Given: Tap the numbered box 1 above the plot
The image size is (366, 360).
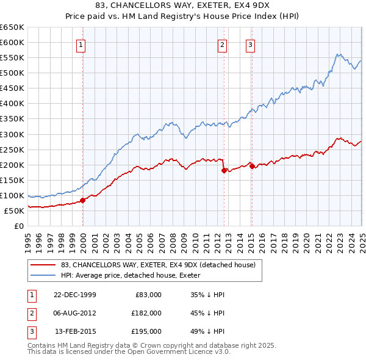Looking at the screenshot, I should coord(81,44).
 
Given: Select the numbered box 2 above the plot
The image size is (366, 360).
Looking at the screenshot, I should coord(222,44).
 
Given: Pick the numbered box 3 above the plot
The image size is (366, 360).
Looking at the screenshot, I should coord(251,44).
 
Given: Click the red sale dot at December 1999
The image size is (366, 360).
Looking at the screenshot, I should coord(83,200).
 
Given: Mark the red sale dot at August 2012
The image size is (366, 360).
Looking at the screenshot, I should coord(224,170).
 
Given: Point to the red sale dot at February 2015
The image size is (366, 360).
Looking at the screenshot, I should coord(253,166).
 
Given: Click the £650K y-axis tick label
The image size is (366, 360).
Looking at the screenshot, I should coord(12,27).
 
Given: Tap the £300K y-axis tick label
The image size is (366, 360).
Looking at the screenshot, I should coord(12,134).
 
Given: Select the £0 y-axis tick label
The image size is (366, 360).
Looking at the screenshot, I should coord(20,226).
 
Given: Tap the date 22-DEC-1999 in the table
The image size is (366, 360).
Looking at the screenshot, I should coord(75,295).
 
